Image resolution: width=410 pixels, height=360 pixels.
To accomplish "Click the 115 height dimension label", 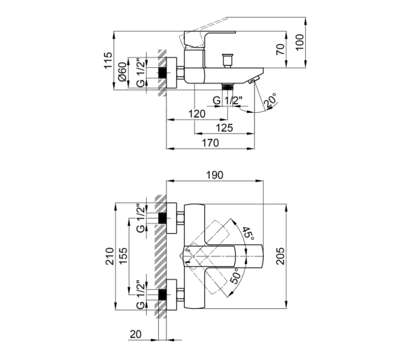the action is coord(108,60).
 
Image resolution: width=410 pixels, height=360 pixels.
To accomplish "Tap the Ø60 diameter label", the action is coord(122,71).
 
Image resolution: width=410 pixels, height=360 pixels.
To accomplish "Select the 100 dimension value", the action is coord(300,42).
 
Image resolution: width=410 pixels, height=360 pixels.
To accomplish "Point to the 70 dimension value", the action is coord(281,50).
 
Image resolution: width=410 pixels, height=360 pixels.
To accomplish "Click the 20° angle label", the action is coord(270,101).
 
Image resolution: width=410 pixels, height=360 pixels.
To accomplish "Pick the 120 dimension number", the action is coord(197,114).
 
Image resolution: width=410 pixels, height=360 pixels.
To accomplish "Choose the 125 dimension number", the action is coord(224,127).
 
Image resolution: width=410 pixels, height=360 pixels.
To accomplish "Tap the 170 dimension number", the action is coord(211,143).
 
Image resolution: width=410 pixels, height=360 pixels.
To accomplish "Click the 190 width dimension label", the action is coord(215,175).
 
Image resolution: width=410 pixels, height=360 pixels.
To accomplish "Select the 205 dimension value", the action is coord(281,256).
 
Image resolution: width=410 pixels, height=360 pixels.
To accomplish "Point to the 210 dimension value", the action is coord(110,256).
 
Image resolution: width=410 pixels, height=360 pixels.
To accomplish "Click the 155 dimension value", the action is coord(123,256).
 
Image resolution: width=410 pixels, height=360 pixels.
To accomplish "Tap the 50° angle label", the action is coord(235,276).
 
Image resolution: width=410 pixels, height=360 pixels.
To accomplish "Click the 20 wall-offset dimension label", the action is coord(136,334).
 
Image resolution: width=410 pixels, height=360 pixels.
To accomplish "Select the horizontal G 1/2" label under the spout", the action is coord(227,100).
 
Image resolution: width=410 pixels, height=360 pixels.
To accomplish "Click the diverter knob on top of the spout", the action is coord(227,61).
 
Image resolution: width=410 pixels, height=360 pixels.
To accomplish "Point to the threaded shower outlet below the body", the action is coord(227,87).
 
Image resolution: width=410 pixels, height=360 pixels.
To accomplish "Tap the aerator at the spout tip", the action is coord(254,80).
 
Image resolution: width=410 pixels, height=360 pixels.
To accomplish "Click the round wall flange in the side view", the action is coord(171,73).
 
